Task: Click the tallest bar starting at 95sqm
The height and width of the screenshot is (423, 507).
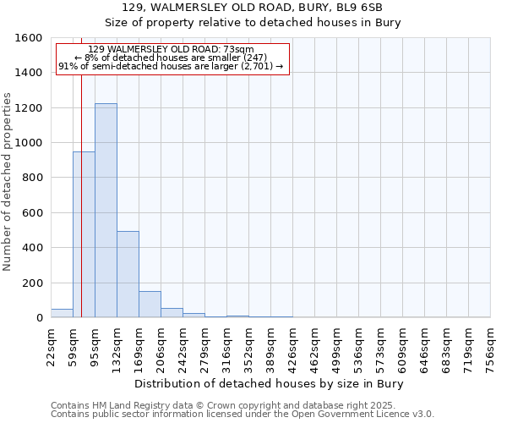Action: click(106, 211)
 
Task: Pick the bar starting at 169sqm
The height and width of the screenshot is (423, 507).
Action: click(150, 305)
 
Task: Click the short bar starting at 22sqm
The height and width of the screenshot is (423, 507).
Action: click(62, 313)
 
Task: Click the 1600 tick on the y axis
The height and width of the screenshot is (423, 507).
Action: click(29, 38)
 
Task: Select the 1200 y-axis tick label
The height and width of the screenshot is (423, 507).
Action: click(29, 108)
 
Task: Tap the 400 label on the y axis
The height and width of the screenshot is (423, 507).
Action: click(32, 248)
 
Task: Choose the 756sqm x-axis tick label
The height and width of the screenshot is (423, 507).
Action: click(491, 345)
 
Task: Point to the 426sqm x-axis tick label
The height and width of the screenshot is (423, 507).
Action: click(293, 345)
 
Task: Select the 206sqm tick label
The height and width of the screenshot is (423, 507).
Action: click(183, 345)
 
